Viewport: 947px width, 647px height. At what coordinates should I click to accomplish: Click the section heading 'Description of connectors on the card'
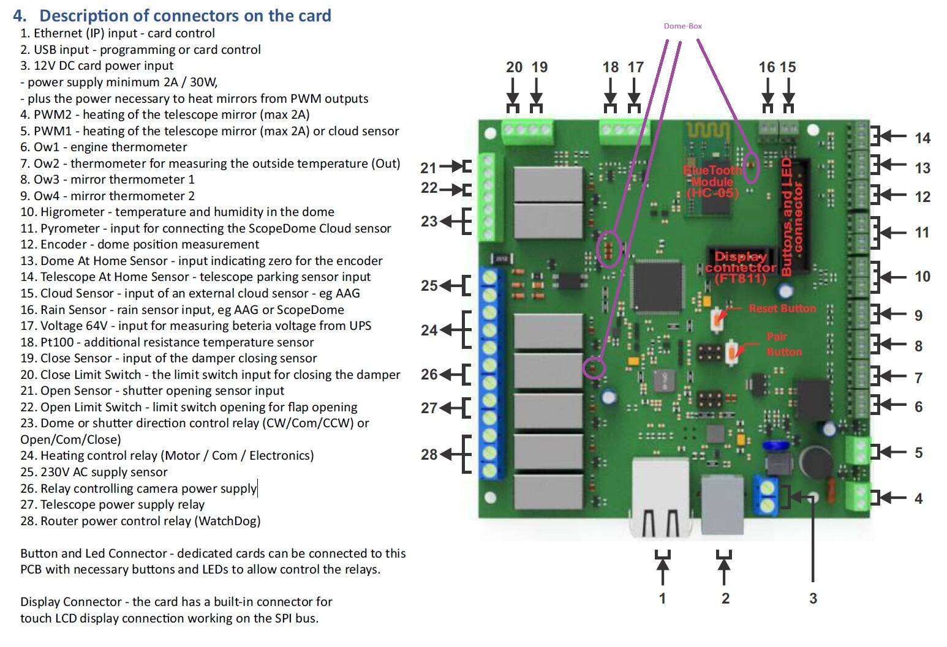pos(185,15)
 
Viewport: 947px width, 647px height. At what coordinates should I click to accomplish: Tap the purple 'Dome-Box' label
pos(682,26)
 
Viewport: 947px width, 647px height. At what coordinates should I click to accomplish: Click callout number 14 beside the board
pos(922,138)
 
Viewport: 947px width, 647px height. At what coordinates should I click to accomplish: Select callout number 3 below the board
pos(813,598)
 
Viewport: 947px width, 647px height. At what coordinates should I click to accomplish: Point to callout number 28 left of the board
pos(429,454)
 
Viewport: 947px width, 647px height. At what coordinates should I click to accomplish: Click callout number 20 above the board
pos(514,67)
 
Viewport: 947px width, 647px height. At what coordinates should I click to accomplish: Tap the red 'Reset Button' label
pos(782,309)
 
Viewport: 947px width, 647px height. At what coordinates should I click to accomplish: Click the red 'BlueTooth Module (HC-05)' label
pos(712,181)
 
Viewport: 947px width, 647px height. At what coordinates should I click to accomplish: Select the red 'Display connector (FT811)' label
pos(740,267)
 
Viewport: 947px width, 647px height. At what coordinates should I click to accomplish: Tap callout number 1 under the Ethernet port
pos(662,598)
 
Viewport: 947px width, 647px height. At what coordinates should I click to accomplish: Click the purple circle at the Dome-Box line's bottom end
pos(594,368)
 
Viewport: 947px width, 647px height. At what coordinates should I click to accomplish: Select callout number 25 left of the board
pos(429,285)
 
